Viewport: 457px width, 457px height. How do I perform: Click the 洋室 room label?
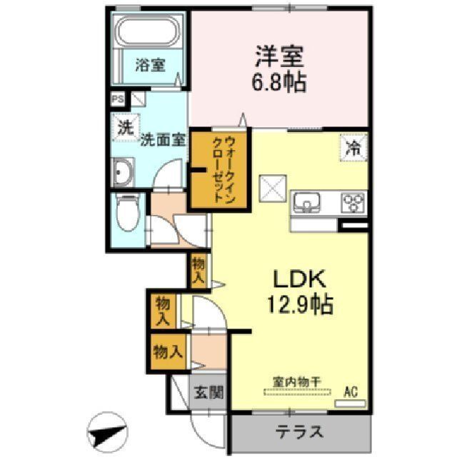click(278, 56)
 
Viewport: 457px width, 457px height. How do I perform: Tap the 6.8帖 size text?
click(279, 82)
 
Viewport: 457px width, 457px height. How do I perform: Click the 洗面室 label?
click(163, 139)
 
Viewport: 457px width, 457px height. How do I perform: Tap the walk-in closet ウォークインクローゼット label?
click(217, 169)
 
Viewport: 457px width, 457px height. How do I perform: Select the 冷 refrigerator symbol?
click(352, 149)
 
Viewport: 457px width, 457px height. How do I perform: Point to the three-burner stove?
click(351, 203)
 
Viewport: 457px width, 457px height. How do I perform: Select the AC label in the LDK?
click(351, 391)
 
